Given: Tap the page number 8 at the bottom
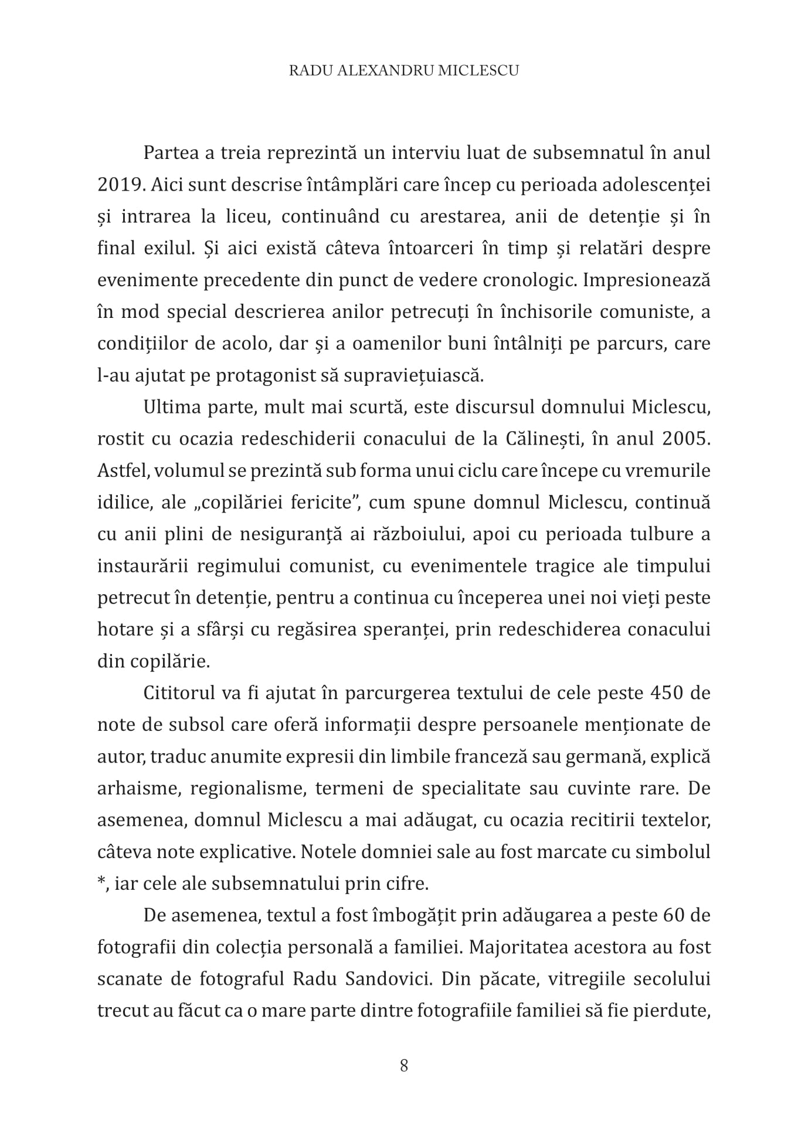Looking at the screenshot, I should click(x=404, y=1066).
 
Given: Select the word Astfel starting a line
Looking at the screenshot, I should click(x=119, y=471).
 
